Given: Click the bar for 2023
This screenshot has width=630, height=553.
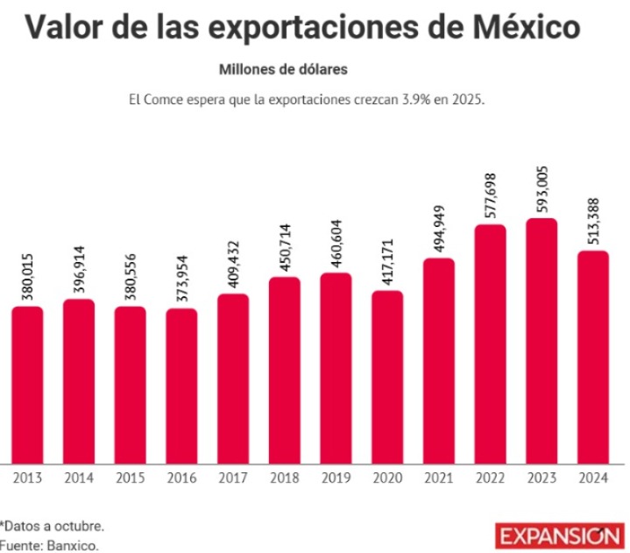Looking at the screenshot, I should click(542, 341).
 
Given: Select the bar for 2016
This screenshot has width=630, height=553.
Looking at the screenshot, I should click(181, 386).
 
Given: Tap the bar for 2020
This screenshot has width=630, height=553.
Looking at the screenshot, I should click(387, 377).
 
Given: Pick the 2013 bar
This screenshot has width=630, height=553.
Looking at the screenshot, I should click(27, 385).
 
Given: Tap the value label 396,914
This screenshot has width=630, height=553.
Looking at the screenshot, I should click(79, 266).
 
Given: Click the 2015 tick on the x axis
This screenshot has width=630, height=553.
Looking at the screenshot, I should click(130, 479).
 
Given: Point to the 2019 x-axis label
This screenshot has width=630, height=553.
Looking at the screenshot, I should click(336, 479).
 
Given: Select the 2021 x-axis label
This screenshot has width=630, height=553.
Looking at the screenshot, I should click(439, 479).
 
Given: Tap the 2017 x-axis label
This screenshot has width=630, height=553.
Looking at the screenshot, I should click(233, 479).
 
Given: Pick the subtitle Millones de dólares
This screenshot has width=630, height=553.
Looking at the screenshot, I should click(284, 68).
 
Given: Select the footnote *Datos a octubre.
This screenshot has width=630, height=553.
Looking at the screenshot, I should click(53, 526).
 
